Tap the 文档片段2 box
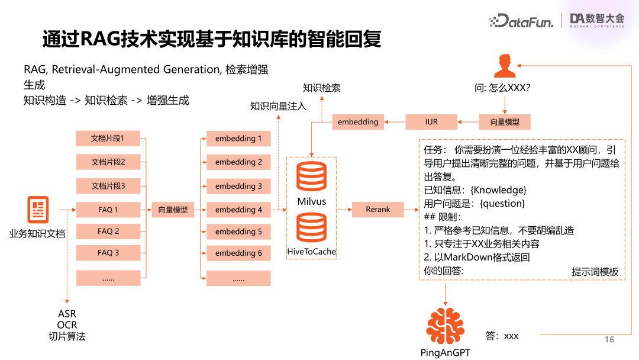[108, 162]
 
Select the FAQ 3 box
[108, 253]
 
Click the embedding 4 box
[238, 210]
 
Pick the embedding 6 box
[238, 253]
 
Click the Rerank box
[378, 209]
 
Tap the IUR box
[431, 122]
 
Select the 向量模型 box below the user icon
[505, 122]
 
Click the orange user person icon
[504, 65]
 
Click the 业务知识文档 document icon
[38, 210]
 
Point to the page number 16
[609, 339]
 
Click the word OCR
[67, 325]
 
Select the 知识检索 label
[321, 88]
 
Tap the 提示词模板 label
[595, 272]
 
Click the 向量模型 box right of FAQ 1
[173, 210]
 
